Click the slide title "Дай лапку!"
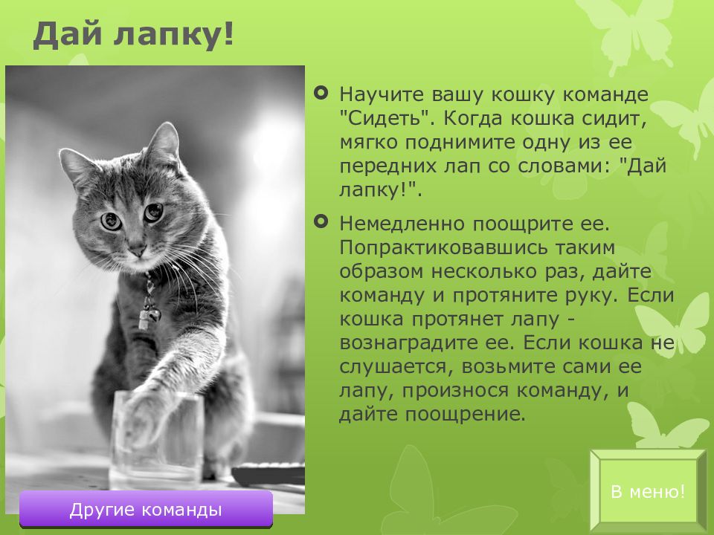pos(133,35)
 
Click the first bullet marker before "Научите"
pos(321,94)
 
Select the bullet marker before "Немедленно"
pos(321,222)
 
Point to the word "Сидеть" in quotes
pos(385,118)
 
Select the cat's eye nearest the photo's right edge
pos(153,212)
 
